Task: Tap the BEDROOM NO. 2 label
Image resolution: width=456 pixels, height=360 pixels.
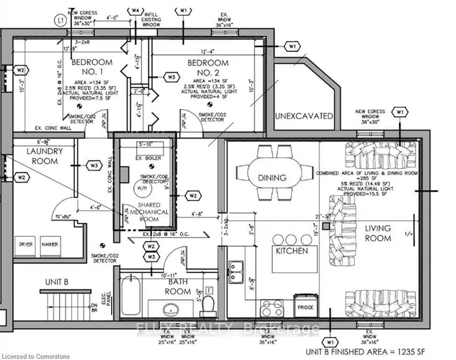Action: click(207, 68)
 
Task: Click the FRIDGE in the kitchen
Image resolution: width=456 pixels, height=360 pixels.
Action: click(305, 307)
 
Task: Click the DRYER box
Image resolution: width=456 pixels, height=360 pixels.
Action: click(26, 244)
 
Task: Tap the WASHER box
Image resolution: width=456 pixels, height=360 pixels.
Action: click(50, 244)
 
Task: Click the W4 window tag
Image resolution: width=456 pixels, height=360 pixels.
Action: click(136, 11)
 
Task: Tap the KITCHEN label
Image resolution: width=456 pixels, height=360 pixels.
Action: click(292, 252)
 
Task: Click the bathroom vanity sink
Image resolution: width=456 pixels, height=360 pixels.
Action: click(171, 309)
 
